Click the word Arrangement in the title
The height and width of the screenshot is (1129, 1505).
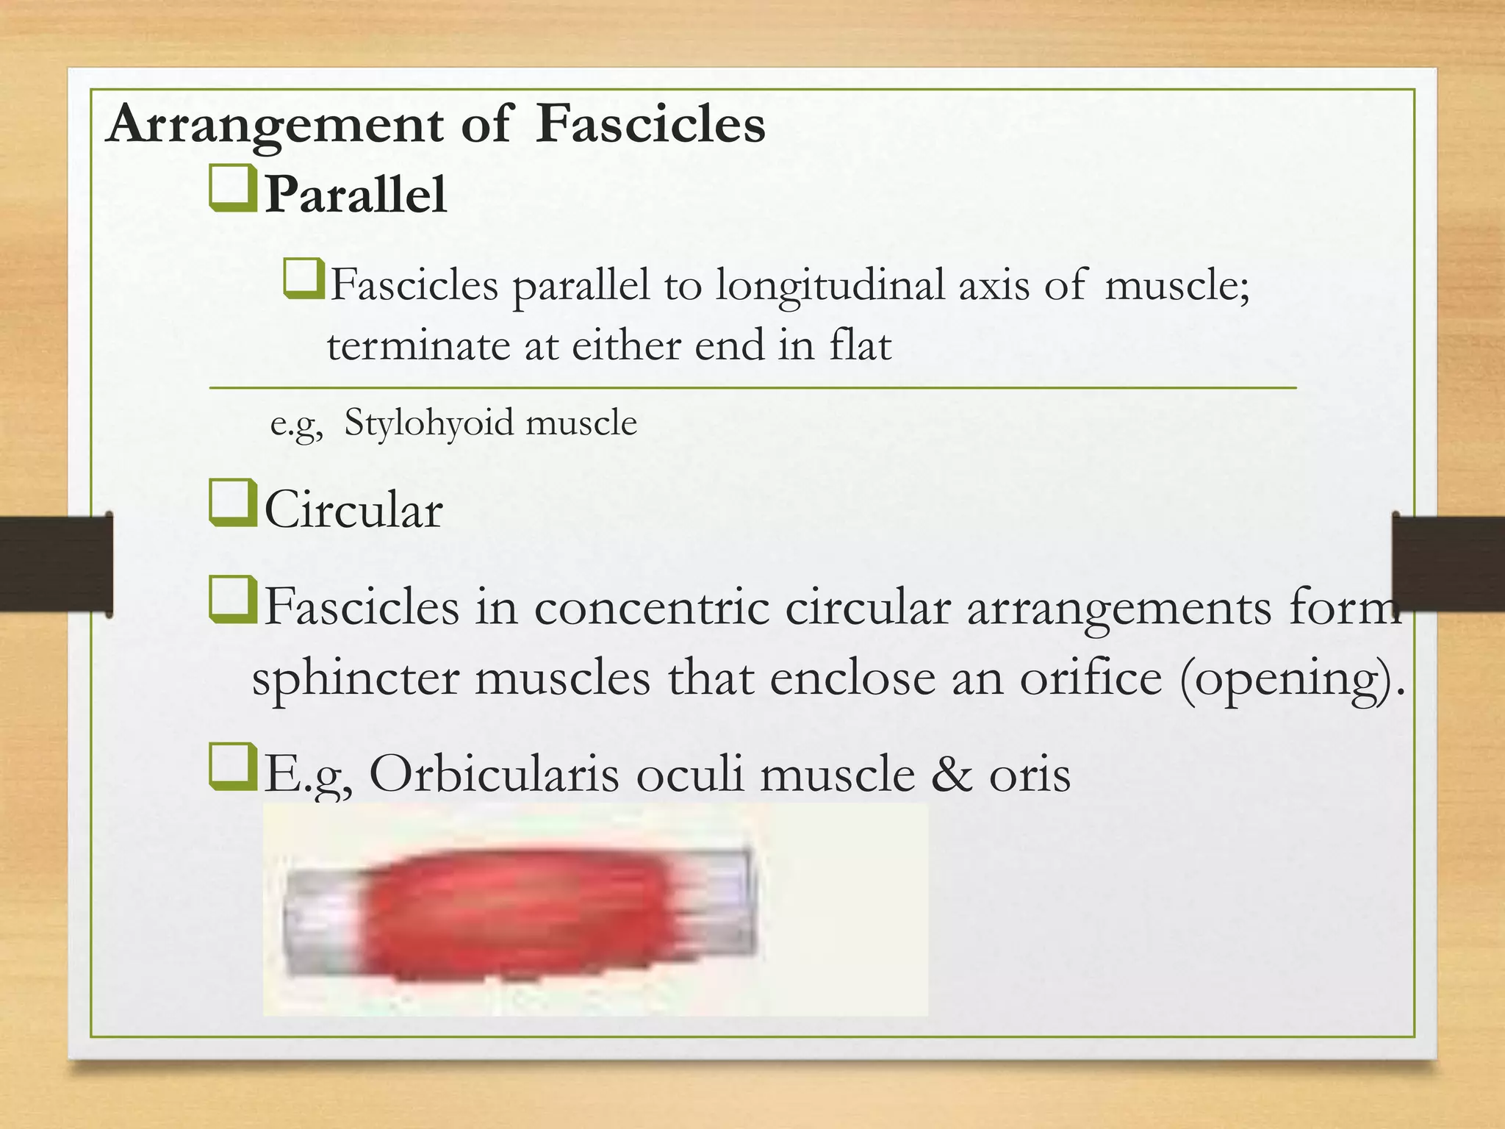click(x=273, y=125)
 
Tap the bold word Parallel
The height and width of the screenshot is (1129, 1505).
click(x=356, y=196)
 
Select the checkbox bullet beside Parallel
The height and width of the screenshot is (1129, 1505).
click(x=233, y=189)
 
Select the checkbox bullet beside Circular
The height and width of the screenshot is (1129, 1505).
click(x=233, y=503)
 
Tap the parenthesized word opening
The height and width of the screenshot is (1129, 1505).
click(x=1287, y=678)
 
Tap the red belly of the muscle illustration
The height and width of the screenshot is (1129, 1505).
click(x=514, y=911)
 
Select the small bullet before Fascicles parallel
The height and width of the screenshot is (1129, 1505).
click(x=303, y=279)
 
